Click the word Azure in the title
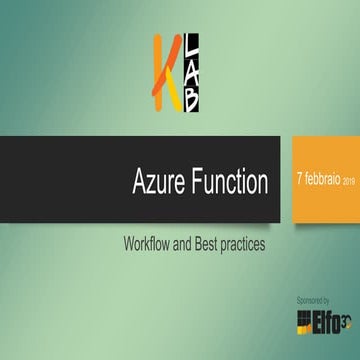tap(159, 183)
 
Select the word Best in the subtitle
tap(211, 243)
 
